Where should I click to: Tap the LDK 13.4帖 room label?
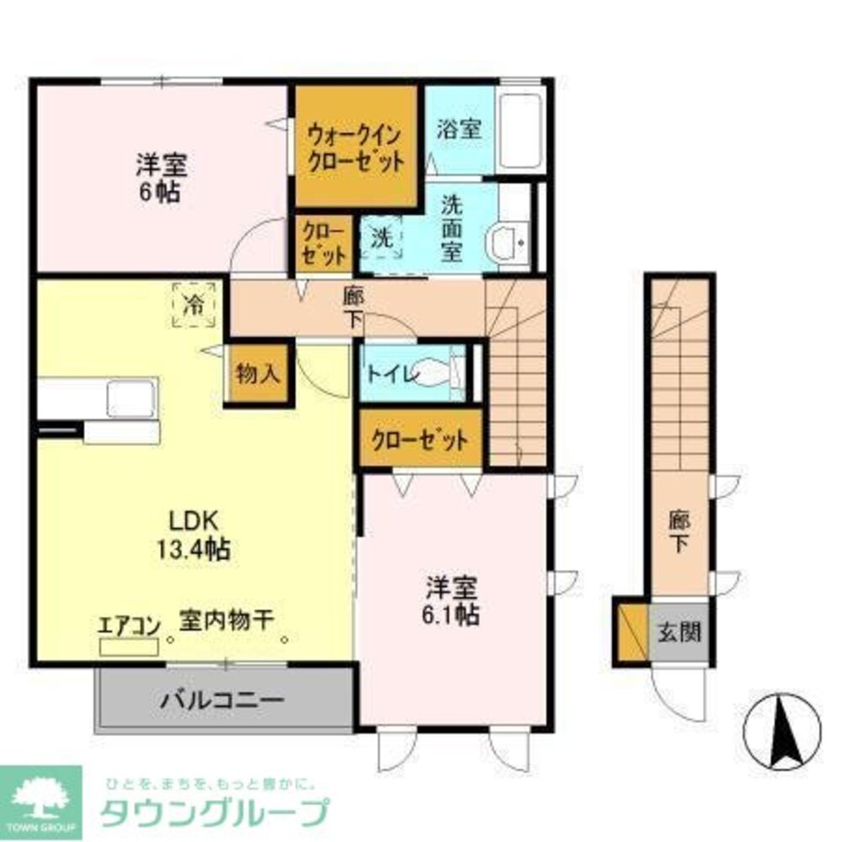tap(193, 536)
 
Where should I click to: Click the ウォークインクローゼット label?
tap(354, 147)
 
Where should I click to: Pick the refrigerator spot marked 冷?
tap(194, 305)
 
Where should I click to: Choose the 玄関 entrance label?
tap(679, 631)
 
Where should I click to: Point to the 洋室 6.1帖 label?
tap(452, 600)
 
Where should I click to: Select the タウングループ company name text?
tap(214, 812)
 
